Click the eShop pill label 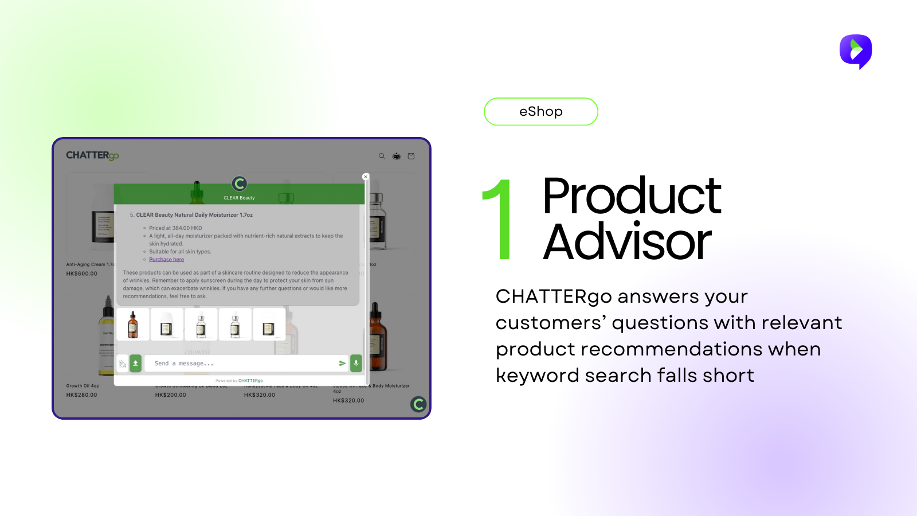540,111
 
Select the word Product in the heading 631,196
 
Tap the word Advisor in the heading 627,242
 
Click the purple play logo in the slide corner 856,51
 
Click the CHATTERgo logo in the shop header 92,155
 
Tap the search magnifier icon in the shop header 382,156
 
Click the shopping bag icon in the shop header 411,156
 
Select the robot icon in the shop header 397,156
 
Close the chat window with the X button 366,177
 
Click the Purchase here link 167,260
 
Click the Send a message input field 241,363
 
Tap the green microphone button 356,363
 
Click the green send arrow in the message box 342,363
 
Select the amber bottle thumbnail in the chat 133,325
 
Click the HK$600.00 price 82,273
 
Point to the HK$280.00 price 82,395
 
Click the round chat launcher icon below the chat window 418,404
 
